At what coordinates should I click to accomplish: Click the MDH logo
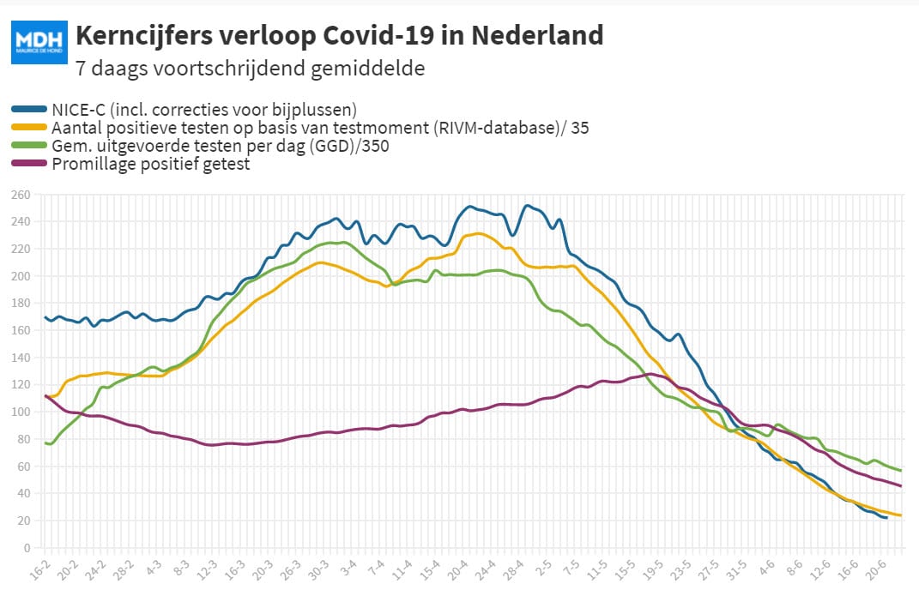[x=39, y=42]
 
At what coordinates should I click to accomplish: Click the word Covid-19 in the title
[x=378, y=35]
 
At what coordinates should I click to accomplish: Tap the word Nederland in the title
[x=537, y=35]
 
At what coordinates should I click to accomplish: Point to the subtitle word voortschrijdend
[x=229, y=69]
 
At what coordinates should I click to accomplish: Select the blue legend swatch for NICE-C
[x=28, y=109]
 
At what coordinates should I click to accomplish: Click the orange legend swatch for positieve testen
[x=28, y=127]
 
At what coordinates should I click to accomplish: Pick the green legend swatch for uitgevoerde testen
[x=28, y=145]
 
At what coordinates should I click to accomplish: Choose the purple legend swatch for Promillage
[x=28, y=163]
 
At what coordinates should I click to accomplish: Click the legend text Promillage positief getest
[x=151, y=164]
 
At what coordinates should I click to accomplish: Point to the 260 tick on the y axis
[x=21, y=196]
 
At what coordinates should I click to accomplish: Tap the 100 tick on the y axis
[x=21, y=412]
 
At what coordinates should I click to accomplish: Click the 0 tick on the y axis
[x=27, y=548]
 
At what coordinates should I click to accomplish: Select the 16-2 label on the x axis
[x=39, y=570]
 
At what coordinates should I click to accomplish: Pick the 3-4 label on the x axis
[x=348, y=570]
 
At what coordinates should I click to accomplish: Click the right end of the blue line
[x=886, y=518]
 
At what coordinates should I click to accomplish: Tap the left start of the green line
[x=45, y=443]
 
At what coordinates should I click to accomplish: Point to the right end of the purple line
[x=900, y=485]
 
